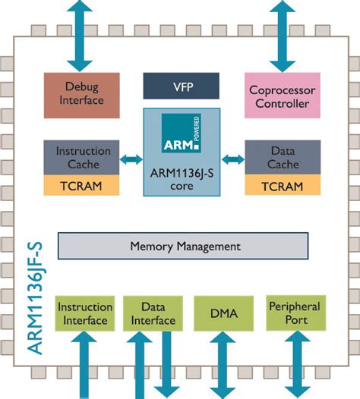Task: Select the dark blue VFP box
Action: (x=181, y=86)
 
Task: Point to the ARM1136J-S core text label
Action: (x=182, y=181)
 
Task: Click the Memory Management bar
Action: (x=183, y=247)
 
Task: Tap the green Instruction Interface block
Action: (x=81, y=313)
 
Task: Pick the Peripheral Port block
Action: (x=294, y=313)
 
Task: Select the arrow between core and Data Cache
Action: (x=233, y=159)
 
